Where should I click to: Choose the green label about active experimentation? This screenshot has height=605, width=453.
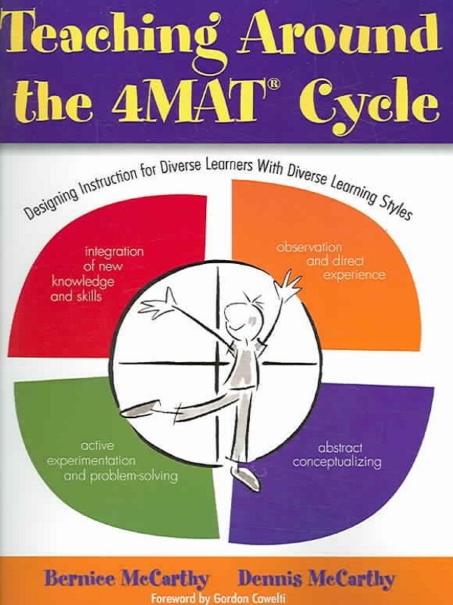[x=110, y=459]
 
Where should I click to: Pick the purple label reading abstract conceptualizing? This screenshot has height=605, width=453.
[x=337, y=454]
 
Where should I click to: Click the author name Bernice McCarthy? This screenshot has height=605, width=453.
[x=127, y=579]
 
